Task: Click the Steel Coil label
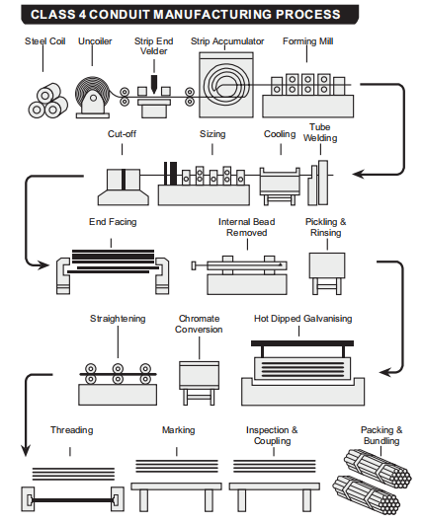tap(44, 41)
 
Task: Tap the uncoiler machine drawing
tap(93, 98)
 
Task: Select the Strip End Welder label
tap(153, 46)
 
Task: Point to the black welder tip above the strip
tap(154, 84)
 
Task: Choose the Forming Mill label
tap(308, 41)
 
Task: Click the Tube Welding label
tap(320, 132)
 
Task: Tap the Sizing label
tap(212, 134)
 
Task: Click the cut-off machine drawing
tap(124, 187)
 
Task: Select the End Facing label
tap(113, 222)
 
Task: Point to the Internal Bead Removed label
tap(247, 227)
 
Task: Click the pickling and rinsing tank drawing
tap(326, 273)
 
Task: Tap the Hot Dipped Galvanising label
tap(302, 319)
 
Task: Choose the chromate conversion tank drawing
tap(199, 383)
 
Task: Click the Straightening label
tap(118, 319)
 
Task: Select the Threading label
tap(71, 430)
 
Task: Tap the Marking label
tap(178, 430)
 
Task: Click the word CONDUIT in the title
tap(120, 15)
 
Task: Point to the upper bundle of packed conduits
tap(378, 468)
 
